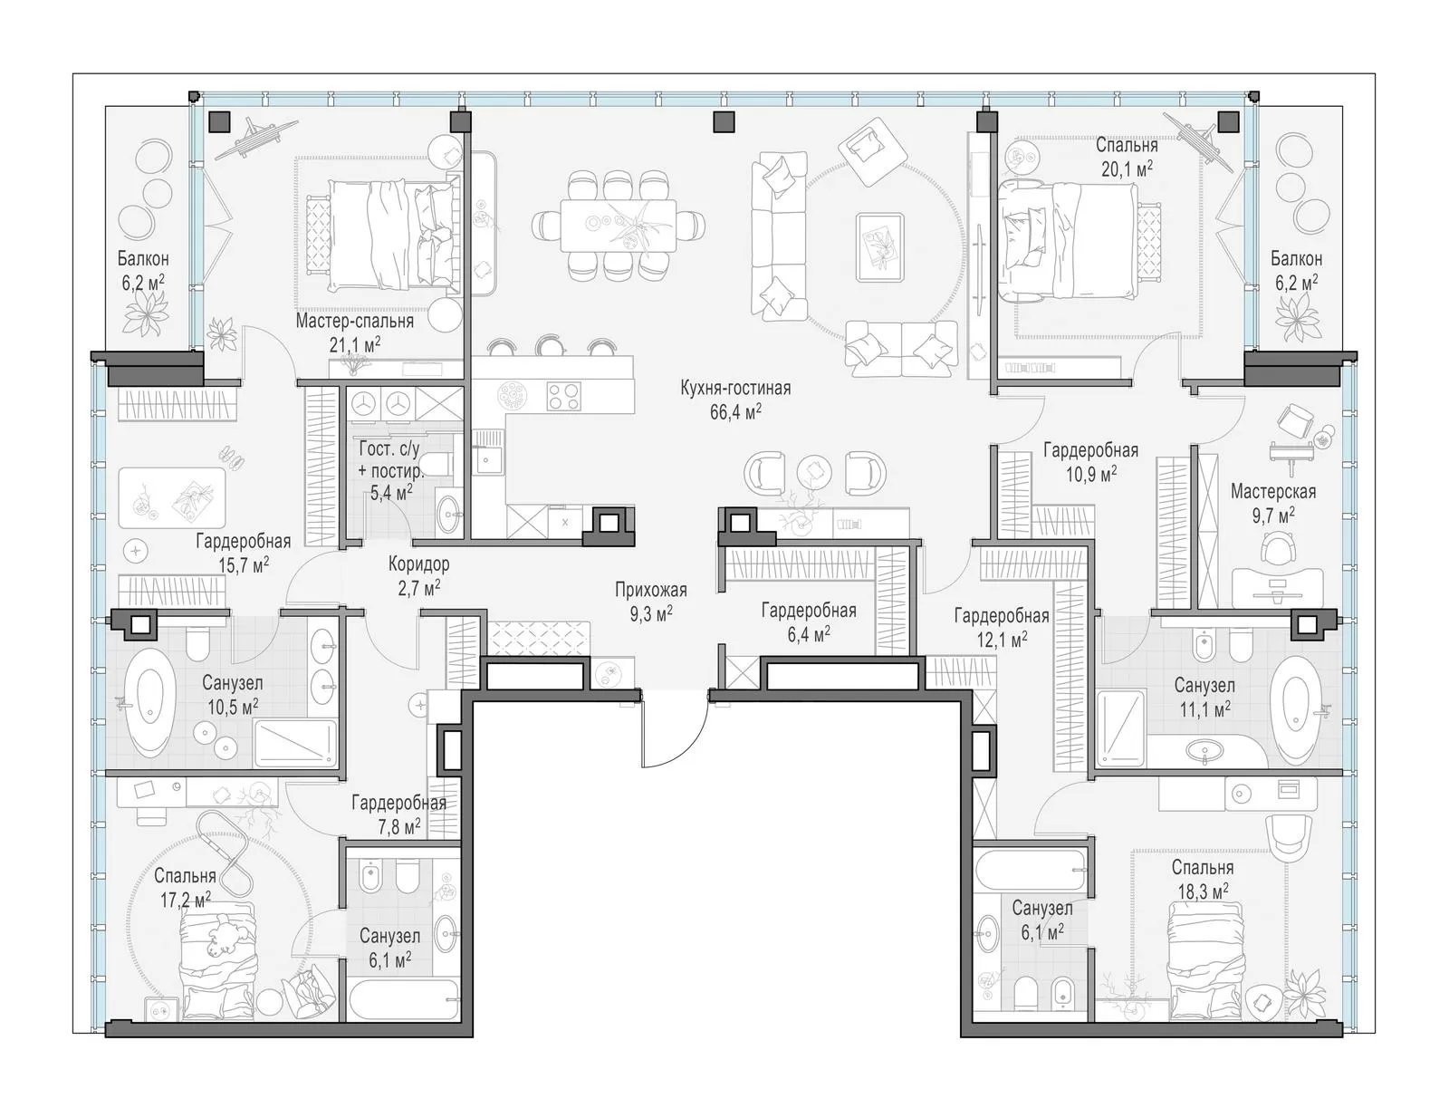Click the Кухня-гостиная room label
[734, 389]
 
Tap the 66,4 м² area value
[734, 413]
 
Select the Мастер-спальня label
[354, 322]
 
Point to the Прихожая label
[651, 590]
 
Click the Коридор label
[418, 564]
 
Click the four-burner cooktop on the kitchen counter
[564, 397]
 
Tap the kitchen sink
[487, 452]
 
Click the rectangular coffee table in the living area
[879, 247]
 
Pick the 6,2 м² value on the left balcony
[143, 283]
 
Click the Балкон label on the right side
[1296, 258]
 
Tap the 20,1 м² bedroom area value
[1127, 169]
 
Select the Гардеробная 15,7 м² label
[244, 554]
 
